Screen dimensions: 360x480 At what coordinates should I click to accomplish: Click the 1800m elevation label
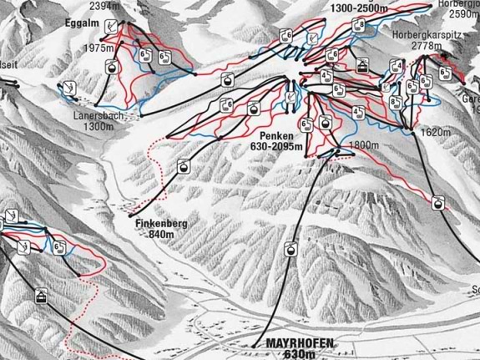pyautogui.click(x=362, y=145)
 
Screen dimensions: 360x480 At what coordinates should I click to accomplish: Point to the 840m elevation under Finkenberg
pyautogui.click(x=160, y=234)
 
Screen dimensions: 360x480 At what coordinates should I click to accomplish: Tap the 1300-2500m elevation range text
pyautogui.click(x=360, y=8)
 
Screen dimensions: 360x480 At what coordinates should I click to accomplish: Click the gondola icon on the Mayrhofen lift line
pyautogui.click(x=290, y=249)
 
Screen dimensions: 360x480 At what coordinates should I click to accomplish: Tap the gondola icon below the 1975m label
pyautogui.click(x=109, y=67)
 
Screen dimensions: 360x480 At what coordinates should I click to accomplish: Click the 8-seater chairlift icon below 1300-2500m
pyautogui.click(x=361, y=25)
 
